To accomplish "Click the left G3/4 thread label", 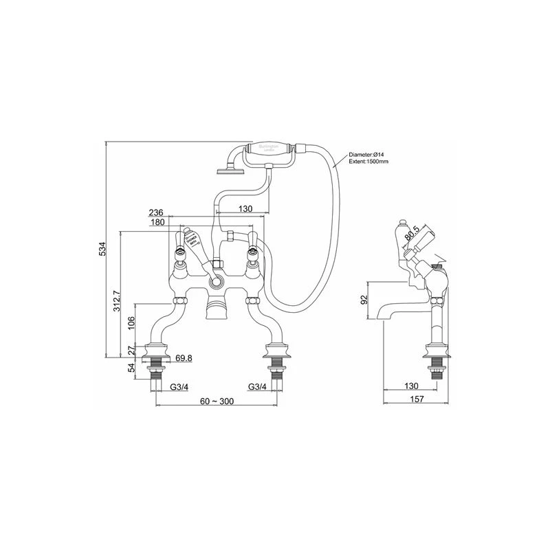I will pyautogui.click(x=180, y=386).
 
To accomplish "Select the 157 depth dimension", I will pyautogui.click(x=415, y=399).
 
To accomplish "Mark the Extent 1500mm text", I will pyautogui.click(x=370, y=162).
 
